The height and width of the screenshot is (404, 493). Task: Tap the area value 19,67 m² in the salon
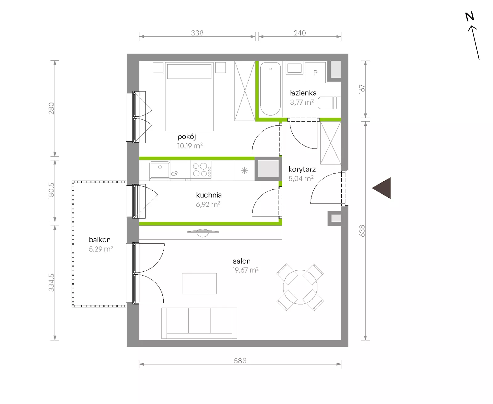246,270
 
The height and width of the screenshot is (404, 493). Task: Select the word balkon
100,240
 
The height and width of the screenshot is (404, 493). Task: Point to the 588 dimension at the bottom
240,361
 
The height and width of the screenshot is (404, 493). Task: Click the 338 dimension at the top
197,33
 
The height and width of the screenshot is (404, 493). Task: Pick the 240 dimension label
300,33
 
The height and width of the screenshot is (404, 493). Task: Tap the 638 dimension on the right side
362,231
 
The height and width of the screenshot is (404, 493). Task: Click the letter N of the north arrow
469,16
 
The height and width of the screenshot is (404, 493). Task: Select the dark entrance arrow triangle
381,188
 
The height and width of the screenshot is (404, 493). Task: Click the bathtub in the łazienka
271,89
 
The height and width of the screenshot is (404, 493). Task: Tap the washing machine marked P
315,72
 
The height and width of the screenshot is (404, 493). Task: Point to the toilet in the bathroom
329,103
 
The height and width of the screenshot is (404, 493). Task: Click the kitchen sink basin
160,170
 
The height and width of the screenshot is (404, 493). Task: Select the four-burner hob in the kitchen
201,170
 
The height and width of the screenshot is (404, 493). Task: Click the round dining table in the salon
300,287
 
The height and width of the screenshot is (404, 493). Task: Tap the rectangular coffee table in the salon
199,284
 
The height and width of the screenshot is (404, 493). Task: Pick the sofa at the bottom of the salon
199,323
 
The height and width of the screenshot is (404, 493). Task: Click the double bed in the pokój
189,96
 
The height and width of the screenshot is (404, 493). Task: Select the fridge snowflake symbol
244,171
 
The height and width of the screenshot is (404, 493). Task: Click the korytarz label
302,169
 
